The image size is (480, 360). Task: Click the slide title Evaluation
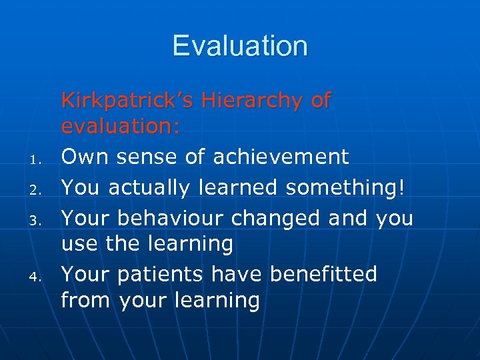coord(240,46)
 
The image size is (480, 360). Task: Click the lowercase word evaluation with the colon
coord(121,127)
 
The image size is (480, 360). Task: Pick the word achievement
coord(281,157)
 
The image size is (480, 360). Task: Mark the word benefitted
coord(323,274)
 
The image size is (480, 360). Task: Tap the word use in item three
coord(80,245)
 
